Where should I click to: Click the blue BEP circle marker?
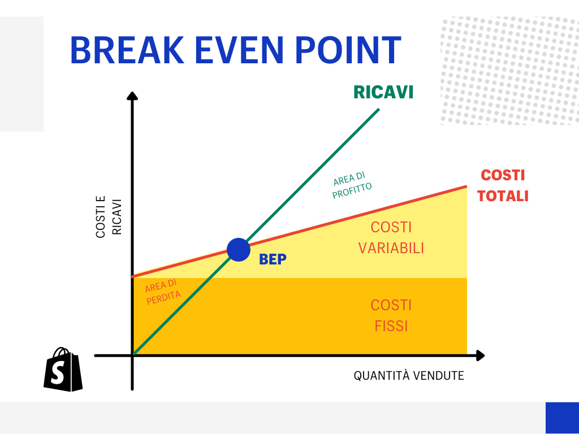239,249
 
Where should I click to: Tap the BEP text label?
273,260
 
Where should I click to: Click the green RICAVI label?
383,92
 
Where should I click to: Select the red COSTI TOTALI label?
503,185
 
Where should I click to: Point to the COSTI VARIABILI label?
391,238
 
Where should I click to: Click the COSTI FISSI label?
391,316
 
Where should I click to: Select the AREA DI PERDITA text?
162,293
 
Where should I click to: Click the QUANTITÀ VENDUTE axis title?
409,376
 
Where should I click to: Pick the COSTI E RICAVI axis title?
109,218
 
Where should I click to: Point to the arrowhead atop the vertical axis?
132,96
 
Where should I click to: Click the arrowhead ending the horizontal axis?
480,355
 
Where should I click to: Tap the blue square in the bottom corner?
562,418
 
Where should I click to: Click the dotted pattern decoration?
509,71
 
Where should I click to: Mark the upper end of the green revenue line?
378,109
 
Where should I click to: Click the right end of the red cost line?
466,186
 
